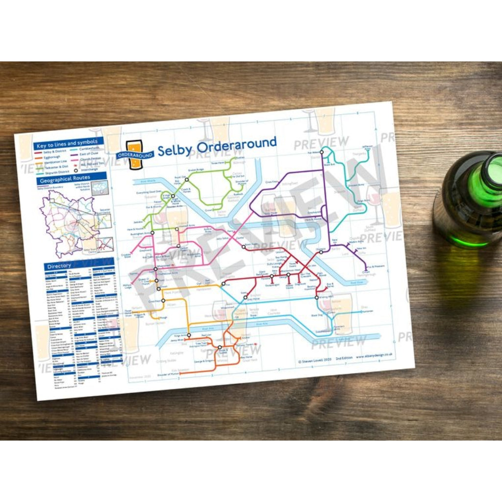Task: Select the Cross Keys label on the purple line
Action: tap(272, 182)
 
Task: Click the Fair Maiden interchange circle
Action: tap(322, 152)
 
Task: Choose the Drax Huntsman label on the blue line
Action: tap(367, 309)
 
